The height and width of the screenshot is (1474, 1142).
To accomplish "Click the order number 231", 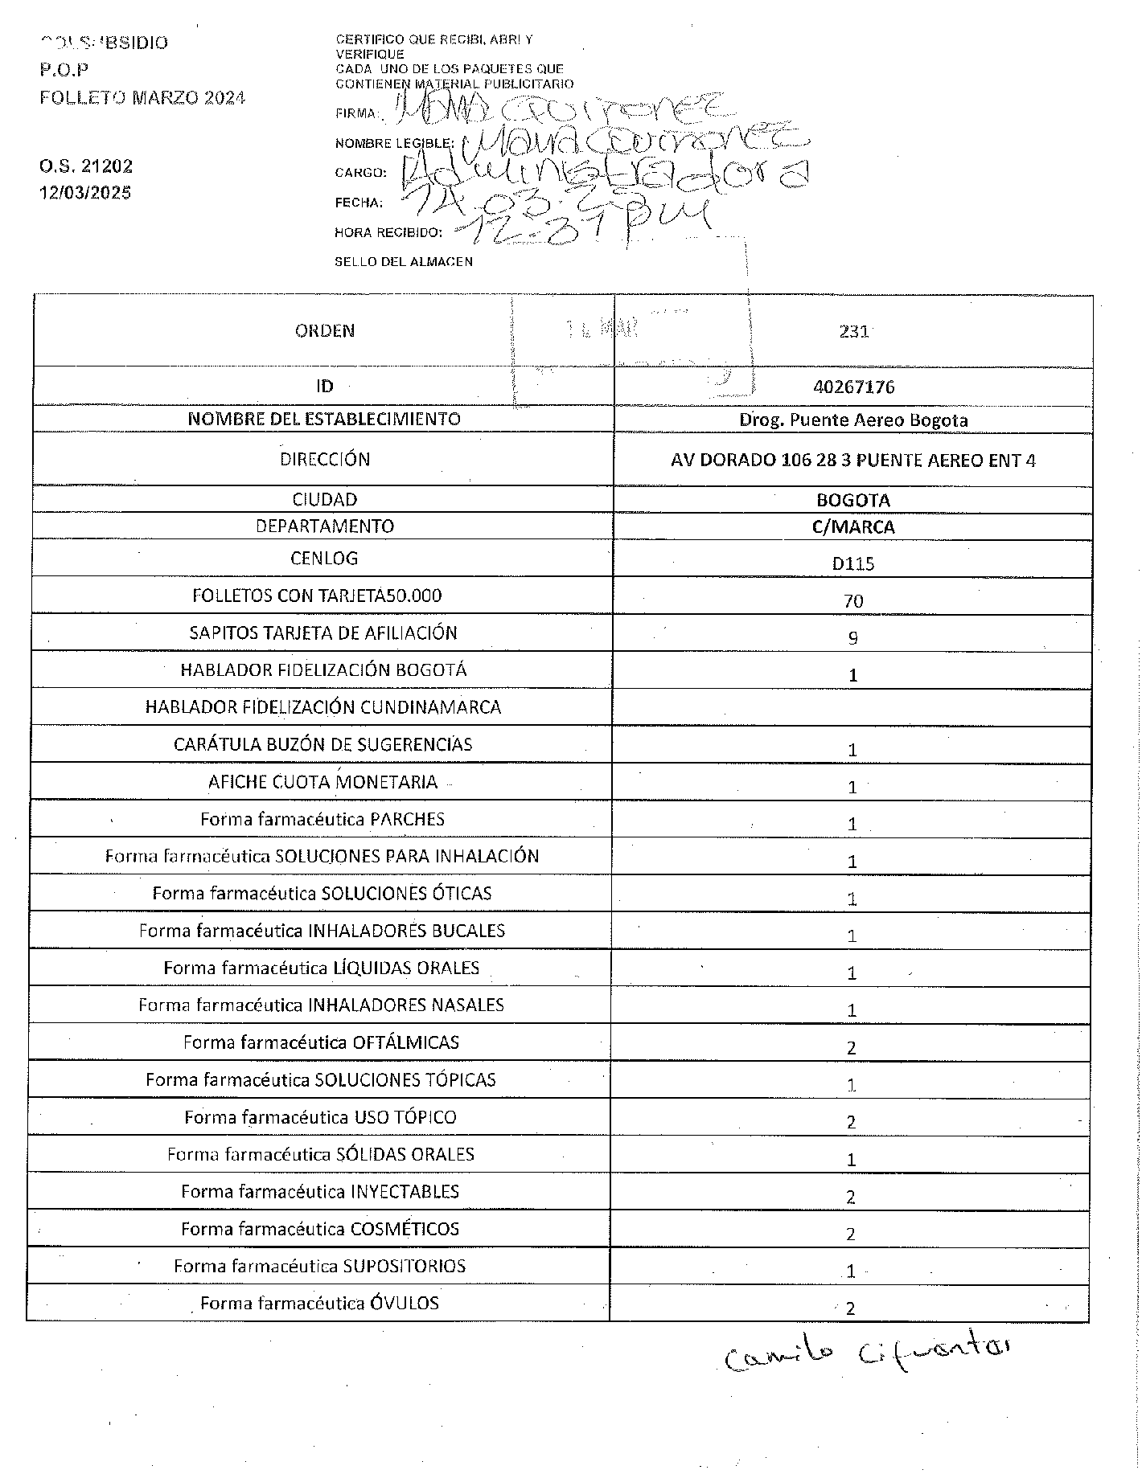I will (853, 331).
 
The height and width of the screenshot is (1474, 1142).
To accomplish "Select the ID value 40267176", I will (853, 387).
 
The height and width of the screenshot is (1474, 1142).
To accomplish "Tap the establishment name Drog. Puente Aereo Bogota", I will (853, 420).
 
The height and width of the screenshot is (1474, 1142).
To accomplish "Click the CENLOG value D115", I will (853, 563).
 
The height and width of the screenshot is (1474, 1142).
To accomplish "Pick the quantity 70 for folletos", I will (853, 601).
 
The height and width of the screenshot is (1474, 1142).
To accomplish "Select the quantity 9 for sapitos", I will (853, 638).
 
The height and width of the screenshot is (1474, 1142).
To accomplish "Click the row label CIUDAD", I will (324, 500).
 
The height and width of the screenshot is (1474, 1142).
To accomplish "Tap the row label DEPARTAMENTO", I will (324, 526).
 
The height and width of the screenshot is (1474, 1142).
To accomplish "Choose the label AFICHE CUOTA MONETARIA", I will (322, 782).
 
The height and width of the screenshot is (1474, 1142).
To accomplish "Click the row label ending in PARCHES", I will (322, 820).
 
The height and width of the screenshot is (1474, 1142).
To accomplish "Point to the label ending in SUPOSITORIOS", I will (320, 1267).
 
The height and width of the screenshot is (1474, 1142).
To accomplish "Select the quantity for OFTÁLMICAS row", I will (852, 1048).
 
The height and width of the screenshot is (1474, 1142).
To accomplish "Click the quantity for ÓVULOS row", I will (850, 1308).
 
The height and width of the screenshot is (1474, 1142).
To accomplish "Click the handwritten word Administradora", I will (603, 171).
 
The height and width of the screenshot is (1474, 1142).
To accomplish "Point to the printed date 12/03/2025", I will (85, 193).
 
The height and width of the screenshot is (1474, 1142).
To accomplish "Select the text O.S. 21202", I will (85, 166).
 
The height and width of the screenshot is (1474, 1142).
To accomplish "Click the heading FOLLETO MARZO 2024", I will (142, 98).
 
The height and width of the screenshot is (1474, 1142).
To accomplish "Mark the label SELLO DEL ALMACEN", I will (403, 262).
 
